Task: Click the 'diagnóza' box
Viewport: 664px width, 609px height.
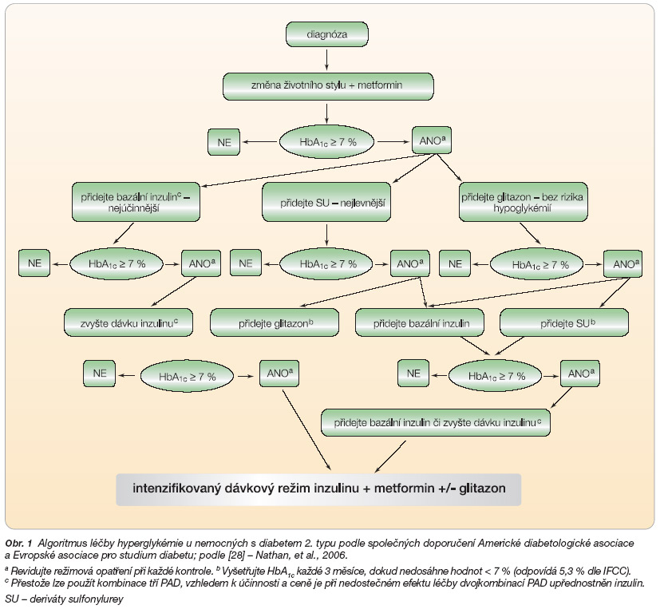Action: point(327,34)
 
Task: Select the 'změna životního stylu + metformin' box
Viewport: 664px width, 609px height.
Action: point(328,86)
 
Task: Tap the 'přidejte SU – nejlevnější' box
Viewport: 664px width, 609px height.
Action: point(326,202)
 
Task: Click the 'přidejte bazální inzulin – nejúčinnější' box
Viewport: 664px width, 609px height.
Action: point(136,202)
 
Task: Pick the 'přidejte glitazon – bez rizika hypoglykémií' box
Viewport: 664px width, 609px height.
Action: point(524,202)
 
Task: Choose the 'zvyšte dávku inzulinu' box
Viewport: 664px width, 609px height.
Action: point(128,322)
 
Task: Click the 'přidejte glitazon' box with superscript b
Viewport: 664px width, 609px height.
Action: point(275,322)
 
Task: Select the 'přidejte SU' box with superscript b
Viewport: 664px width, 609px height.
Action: point(564,322)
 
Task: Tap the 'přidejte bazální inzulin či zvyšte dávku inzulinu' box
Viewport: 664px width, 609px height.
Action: point(436,423)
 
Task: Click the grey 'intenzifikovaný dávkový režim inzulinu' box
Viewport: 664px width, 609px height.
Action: point(318,489)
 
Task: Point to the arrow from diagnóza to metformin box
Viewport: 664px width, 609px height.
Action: point(326,59)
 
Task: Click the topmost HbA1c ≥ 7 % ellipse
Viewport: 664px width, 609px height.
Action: point(326,142)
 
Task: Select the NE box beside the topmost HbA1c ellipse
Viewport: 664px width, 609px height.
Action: point(223,142)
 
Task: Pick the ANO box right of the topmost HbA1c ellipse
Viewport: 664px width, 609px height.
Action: point(432,140)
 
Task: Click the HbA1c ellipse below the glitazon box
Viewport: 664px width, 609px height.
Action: point(536,265)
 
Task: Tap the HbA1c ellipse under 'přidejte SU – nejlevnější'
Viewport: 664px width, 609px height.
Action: point(326,264)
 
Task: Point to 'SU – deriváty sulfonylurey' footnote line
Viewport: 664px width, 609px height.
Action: point(64,599)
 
